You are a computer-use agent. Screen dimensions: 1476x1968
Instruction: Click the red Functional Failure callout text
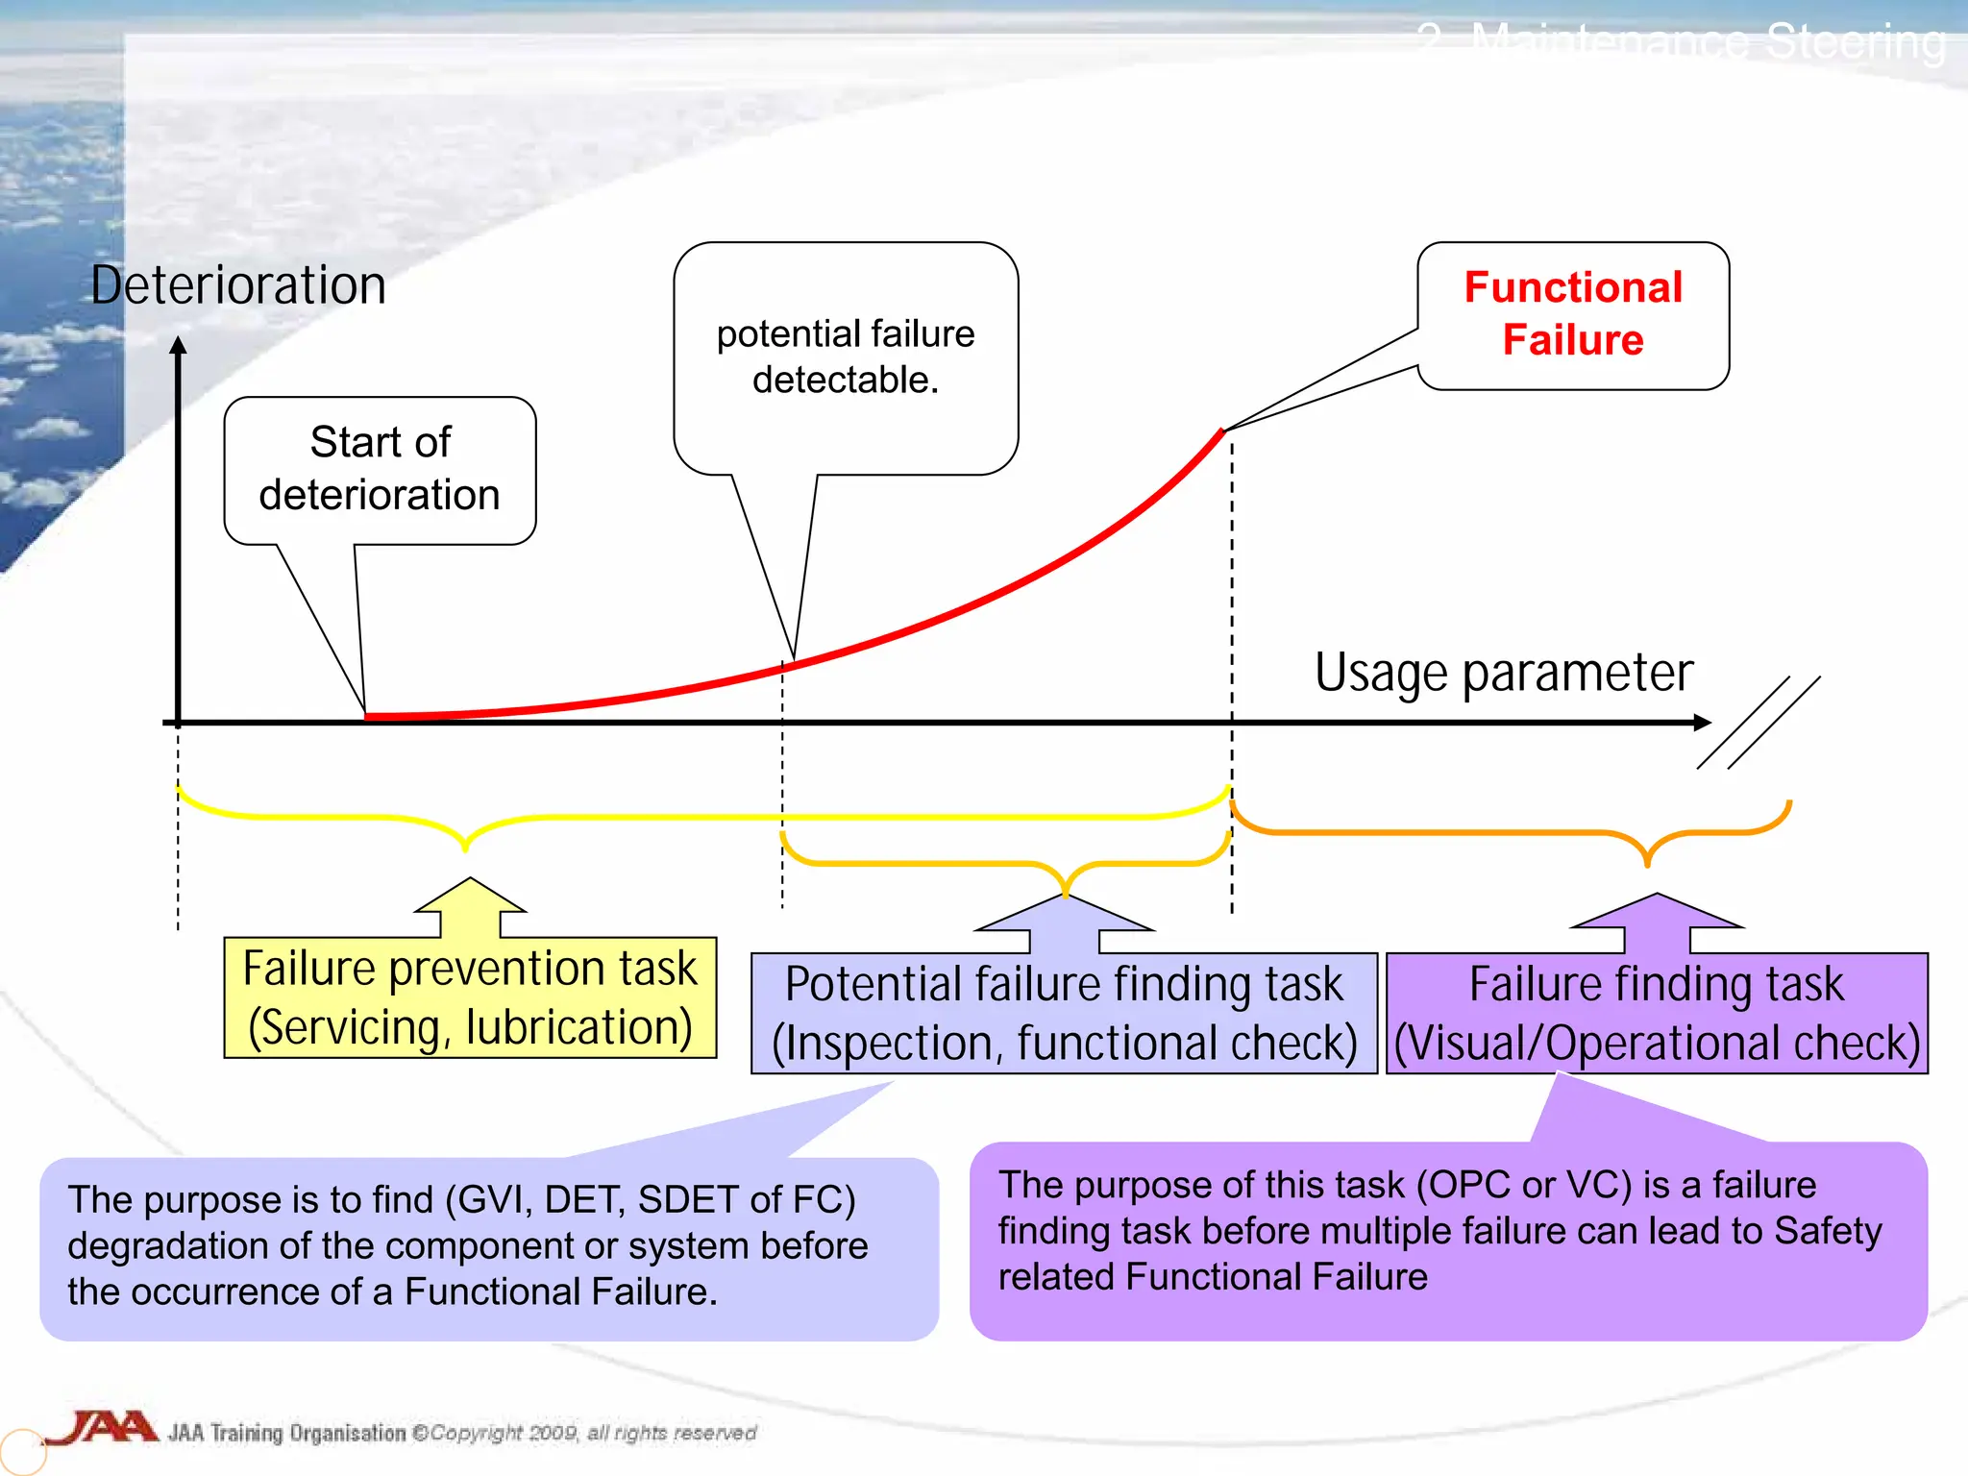pos(1572,313)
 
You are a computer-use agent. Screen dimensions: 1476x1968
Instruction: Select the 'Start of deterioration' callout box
pos(380,469)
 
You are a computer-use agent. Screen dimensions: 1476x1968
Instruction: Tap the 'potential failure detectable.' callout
pos(846,357)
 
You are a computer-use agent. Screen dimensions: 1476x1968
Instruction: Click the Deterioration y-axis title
pos(238,285)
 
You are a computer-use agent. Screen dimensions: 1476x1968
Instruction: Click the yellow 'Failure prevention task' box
pos(470,997)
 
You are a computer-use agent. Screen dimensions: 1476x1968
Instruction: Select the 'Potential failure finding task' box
pos(1064,1013)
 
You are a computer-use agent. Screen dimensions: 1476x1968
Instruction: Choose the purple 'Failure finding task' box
pos(1656,1013)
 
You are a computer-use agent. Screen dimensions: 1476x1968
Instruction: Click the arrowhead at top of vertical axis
pos(178,346)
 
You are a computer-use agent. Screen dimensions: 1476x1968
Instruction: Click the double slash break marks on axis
pos(1759,723)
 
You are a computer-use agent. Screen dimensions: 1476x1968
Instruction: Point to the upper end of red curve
pos(1221,432)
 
